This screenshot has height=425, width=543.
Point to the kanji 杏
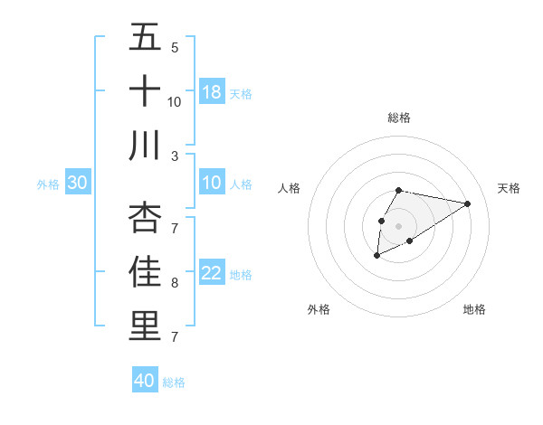(145, 217)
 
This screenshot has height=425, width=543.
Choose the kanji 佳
(145, 271)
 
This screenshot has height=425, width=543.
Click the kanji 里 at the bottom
(145, 325)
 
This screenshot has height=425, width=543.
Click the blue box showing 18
(212, 92)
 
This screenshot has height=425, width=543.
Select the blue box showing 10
(212, 184)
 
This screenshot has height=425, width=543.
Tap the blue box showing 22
(212, 274)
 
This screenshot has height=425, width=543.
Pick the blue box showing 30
(78, 184)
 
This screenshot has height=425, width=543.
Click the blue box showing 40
(145, 381)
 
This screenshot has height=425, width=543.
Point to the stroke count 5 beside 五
(175, 48)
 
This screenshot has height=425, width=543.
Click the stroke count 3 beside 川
(175, 156)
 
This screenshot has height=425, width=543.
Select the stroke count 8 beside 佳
(175, 283)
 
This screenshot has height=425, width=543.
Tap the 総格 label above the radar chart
(398, 118)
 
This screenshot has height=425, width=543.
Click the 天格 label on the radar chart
(509, 188)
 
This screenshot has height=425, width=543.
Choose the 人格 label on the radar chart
(290, 188)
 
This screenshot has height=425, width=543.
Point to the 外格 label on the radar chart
(318, 309)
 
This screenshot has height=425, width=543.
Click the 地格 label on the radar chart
(474, 309)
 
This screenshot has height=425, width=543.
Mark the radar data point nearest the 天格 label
(467, 203)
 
